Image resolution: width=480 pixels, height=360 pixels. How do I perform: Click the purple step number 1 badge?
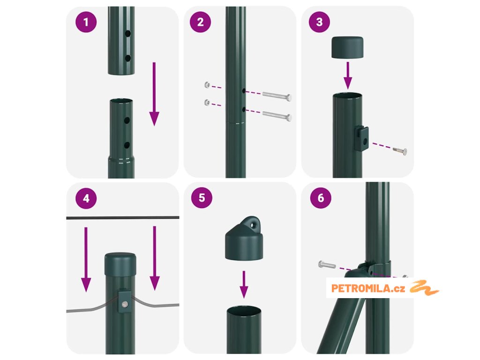86,22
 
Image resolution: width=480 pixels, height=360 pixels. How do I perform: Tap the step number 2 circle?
200,22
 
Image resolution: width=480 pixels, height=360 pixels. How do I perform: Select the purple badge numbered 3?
319,22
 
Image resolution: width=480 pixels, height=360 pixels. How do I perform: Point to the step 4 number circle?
86,198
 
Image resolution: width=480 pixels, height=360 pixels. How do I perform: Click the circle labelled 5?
202,198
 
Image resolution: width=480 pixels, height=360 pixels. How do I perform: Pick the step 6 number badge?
321,198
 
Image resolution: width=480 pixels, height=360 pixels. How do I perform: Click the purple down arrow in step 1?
154,94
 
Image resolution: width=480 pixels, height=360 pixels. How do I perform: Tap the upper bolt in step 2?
277,96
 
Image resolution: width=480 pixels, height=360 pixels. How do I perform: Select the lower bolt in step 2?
277,115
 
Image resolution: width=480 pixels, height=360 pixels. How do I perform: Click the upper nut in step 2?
207,85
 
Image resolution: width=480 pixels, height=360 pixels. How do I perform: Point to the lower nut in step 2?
207,103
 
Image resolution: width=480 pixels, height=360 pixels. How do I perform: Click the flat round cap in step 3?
347,47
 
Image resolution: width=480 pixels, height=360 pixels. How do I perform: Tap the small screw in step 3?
400,150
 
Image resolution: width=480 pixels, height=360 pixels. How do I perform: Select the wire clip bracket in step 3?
361,139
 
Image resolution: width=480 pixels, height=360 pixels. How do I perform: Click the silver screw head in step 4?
125,304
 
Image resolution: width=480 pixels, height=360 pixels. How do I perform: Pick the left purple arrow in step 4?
86,259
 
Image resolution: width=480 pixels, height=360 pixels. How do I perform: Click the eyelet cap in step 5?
244,238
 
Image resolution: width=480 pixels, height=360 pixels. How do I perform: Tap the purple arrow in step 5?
244,285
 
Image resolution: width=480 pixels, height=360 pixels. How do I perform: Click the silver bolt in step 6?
327,264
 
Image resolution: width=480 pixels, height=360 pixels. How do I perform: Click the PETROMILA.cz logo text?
368,288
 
